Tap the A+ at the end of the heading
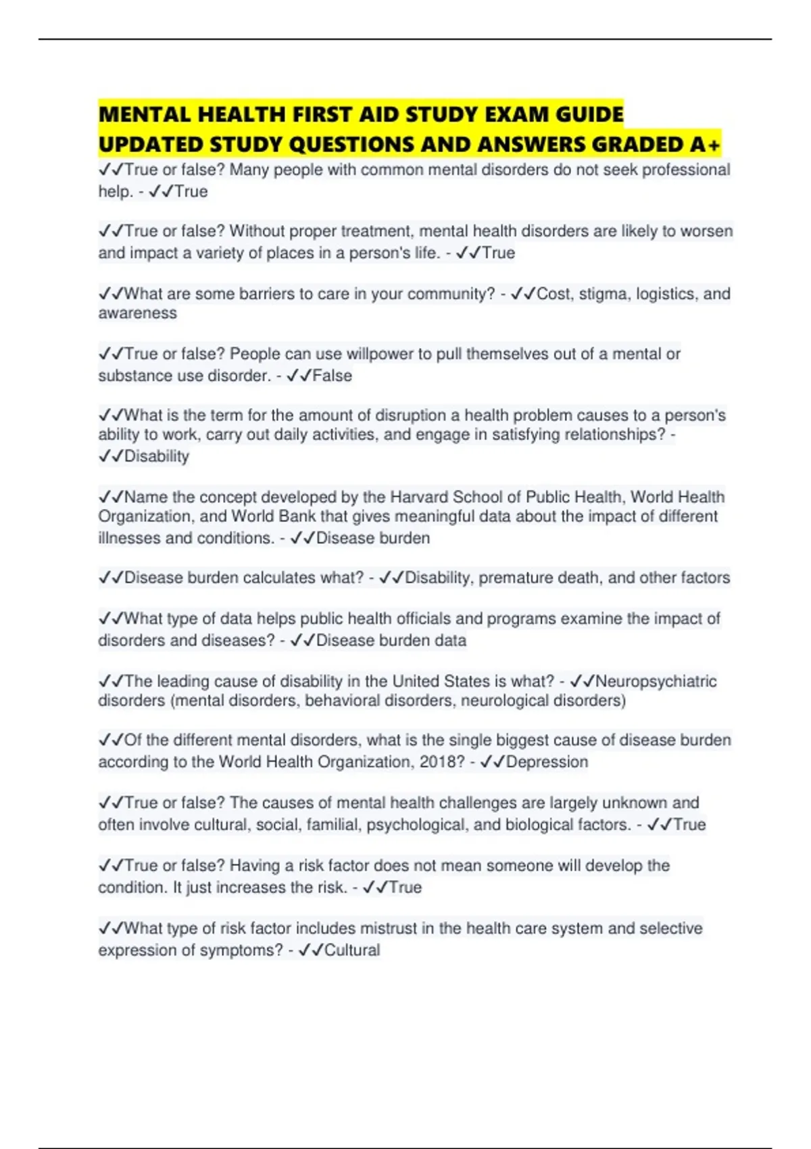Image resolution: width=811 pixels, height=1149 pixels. pos(706,145)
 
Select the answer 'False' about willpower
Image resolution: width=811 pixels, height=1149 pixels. pos(332,376)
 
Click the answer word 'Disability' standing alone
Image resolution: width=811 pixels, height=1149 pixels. pos(156,456)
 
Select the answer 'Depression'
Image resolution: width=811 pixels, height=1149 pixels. pos(547,762)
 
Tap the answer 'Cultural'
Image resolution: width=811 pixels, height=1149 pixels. pos(351,950)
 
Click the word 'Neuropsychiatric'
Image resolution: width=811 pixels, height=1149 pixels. pos(656,681)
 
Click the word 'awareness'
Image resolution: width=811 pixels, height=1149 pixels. pos(137,314)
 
